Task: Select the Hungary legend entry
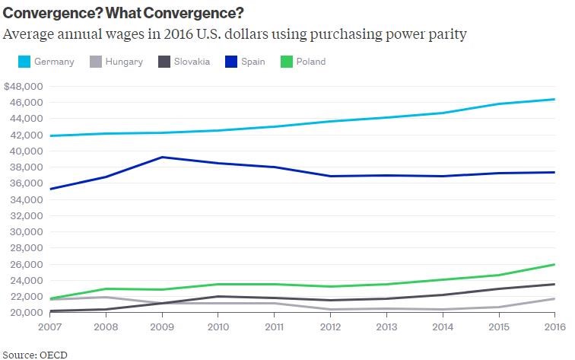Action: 116,62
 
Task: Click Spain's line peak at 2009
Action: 160,158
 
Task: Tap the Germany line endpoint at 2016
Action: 554,99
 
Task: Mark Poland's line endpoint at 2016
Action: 554,264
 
